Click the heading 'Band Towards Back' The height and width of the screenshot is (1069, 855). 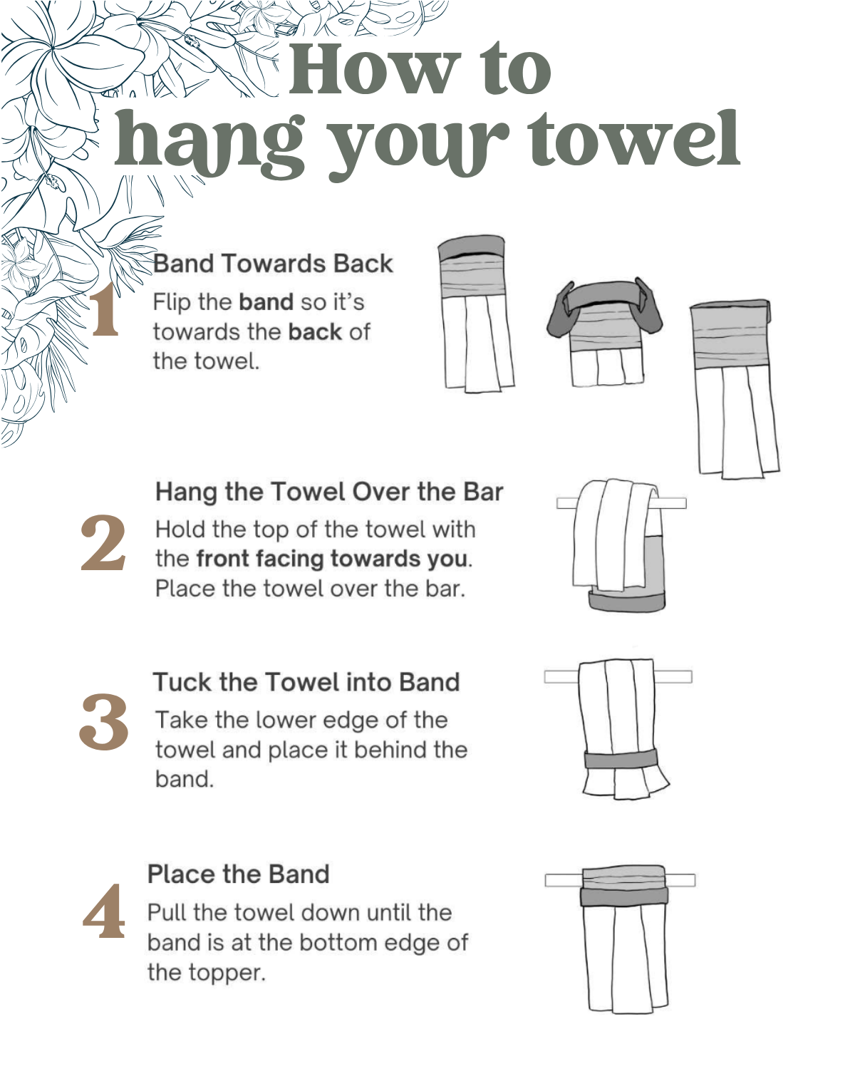pos(273,263)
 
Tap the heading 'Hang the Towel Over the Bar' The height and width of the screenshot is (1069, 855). pos(329,492)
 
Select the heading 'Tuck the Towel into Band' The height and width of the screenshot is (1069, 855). pos(306,682)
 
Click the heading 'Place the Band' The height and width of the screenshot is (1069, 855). pos(239,874)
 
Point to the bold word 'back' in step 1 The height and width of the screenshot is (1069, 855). pos(316,332)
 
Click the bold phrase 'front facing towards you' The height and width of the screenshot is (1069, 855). pos(332,559)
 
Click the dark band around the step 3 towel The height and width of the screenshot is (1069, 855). pos(621,759)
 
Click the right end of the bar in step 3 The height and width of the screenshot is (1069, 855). pos(691,676)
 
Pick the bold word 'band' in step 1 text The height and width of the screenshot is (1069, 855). pos(266,302)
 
